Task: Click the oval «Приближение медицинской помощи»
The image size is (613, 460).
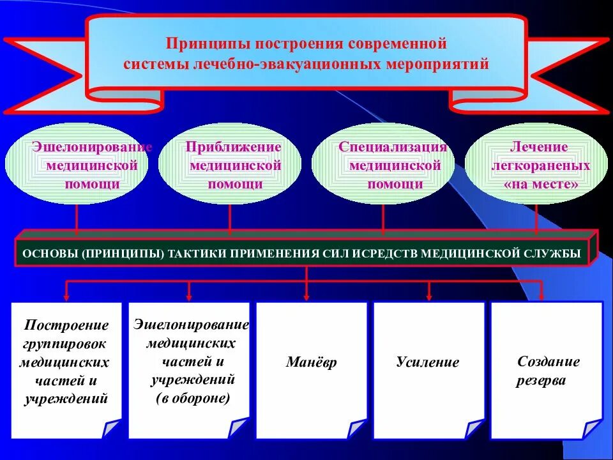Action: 230,164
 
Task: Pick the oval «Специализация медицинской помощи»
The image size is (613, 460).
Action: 383,164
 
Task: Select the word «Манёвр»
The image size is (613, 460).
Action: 311,363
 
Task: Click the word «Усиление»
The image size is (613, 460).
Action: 427,363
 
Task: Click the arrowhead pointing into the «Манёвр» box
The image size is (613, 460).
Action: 307,296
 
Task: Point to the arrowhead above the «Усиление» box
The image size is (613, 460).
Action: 429,296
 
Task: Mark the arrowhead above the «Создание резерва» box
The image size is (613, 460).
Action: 542,296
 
